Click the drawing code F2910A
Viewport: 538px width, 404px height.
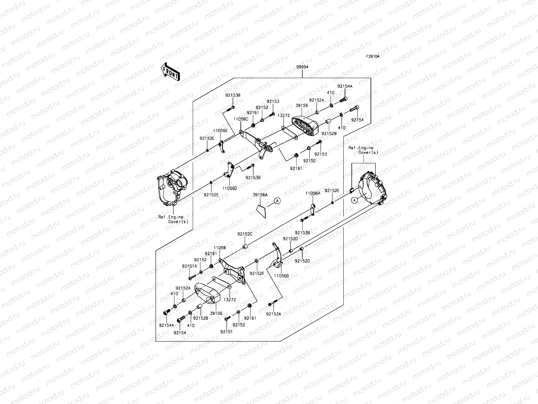tap(373, 56)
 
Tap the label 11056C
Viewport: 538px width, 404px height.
tap(241, 119)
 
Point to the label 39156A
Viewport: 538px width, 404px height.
tap(260, 195)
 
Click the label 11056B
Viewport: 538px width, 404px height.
tap(281, 275)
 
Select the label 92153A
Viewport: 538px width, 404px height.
tap(273, 314)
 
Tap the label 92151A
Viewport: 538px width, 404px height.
tap(190, 266)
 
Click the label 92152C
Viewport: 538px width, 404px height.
tap(245, 234)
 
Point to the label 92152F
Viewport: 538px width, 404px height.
tap(257, 274)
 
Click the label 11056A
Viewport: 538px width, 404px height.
tap(313, 193)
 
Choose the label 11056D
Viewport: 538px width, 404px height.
tap(229, 188)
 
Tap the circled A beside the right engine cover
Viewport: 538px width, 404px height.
tap(354, 200)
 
